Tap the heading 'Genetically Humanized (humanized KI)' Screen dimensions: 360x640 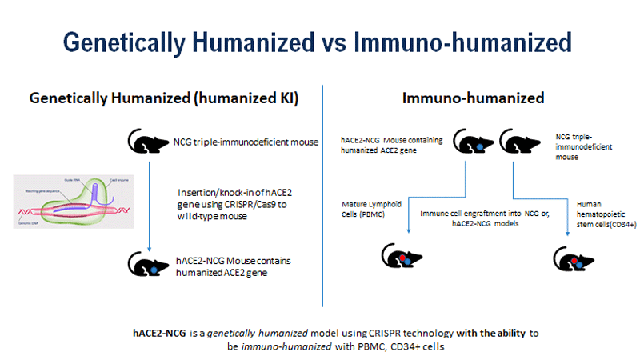164,98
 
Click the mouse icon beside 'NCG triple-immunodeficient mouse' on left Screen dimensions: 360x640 146,142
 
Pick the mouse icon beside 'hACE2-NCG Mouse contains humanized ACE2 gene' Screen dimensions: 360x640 146,261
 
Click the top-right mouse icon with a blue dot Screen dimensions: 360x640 471,144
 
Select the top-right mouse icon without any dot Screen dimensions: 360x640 517,143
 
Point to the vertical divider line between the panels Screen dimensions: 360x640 322,192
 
